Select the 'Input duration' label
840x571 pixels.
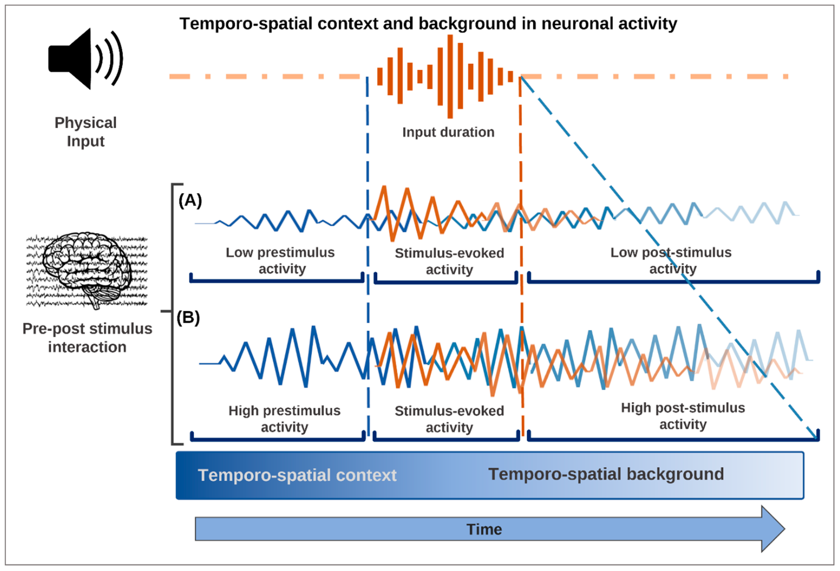point(448,132)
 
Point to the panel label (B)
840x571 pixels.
point(188,318)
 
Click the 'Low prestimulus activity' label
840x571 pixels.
point(280,260)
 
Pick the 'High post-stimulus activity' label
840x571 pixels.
point(683,416)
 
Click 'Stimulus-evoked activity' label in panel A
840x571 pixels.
point(449,261)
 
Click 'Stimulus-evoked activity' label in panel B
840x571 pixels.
point(449,419)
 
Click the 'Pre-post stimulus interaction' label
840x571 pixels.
point(87,338)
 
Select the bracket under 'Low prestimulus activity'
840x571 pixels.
point(277,280)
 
